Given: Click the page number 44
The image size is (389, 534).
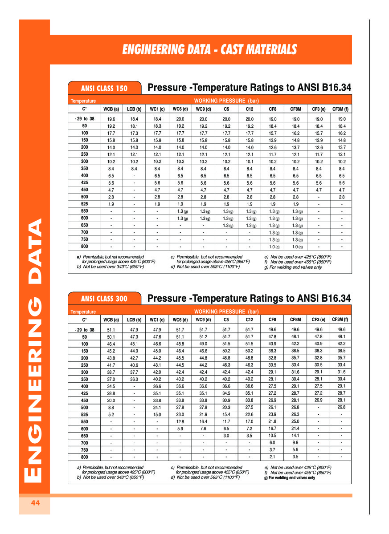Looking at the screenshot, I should tap(35, 503).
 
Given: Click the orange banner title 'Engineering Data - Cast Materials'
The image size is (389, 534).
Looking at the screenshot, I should tap(209, 49).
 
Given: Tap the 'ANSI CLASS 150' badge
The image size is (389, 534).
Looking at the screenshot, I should tap(104, 88).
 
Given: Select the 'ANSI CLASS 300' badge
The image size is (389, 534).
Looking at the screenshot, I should tap(104, 299).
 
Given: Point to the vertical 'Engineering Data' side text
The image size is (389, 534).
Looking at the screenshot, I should tap(35, 349).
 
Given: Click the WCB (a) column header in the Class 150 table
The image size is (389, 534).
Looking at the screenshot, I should tap(111, 109).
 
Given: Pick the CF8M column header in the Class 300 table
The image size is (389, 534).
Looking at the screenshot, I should tap(295, 320).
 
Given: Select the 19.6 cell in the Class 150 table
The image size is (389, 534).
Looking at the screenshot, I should tap(111, 119).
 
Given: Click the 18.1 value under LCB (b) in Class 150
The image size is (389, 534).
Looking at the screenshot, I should tap(134, 126).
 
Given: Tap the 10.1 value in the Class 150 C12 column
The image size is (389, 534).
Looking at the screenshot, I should tap(250, 162).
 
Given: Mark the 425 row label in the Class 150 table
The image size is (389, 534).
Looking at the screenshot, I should tap(85, 183).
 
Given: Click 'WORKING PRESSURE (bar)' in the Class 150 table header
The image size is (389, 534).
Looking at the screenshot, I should tap(226, 101).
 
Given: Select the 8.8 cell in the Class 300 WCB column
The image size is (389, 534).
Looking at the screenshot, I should tap(111, 408).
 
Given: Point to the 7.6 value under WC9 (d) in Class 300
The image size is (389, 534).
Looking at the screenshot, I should tap(203, 429).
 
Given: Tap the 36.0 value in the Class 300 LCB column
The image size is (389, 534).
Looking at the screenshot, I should tap(134, 380).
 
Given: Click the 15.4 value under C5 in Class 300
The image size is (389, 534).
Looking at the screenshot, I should tap(226, 415).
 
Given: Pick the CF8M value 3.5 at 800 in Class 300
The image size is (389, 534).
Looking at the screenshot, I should tap(295, 457).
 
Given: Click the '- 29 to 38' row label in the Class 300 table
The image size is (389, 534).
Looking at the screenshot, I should tap(84, 330).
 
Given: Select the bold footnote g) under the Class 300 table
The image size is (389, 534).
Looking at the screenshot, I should tap(290, 477).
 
